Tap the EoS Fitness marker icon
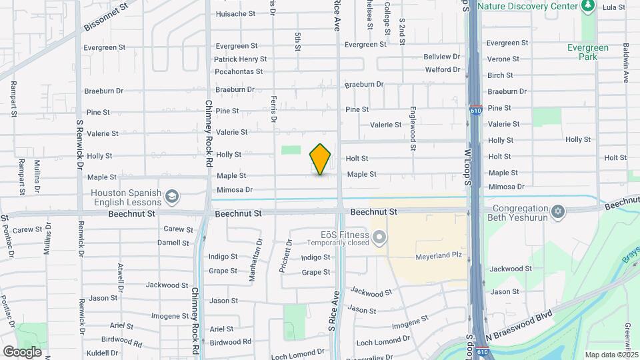tap(379, 237)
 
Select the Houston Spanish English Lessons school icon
tap(172, 195)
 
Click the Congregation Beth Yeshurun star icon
tap(559, 212)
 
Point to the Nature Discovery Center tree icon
tap(587, 6)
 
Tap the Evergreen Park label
tap(587, 52)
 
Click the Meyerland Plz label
tap(438, 255)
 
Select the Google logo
tap(22, 351)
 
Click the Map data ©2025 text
tap(612, 355)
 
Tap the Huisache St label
tap(235, 13)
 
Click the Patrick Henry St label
tap(240, 59)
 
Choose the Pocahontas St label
tap(238, 71)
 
